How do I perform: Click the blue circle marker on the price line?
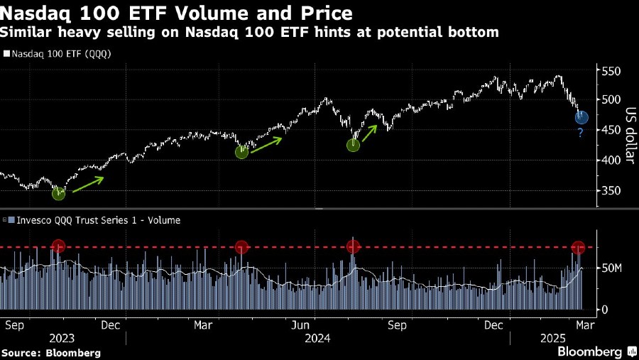(581, 118)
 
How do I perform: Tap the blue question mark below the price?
(580, 133)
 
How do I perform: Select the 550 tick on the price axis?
(611, 72)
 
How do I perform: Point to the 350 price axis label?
(611, 190)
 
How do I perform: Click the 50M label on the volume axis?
(612, 268)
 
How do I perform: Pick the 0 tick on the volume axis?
(605, 310)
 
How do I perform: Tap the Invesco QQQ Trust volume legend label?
(95, 220)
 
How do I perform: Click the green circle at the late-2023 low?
(58, 193)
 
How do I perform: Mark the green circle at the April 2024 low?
(241, 151)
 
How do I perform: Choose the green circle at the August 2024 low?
(354, 145)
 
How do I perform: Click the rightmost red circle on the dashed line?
(579, 247)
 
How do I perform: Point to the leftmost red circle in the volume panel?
(58, 246)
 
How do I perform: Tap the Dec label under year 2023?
(110, 325)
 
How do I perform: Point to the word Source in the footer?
(21, 353)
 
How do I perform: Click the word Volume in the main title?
(180, 13)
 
